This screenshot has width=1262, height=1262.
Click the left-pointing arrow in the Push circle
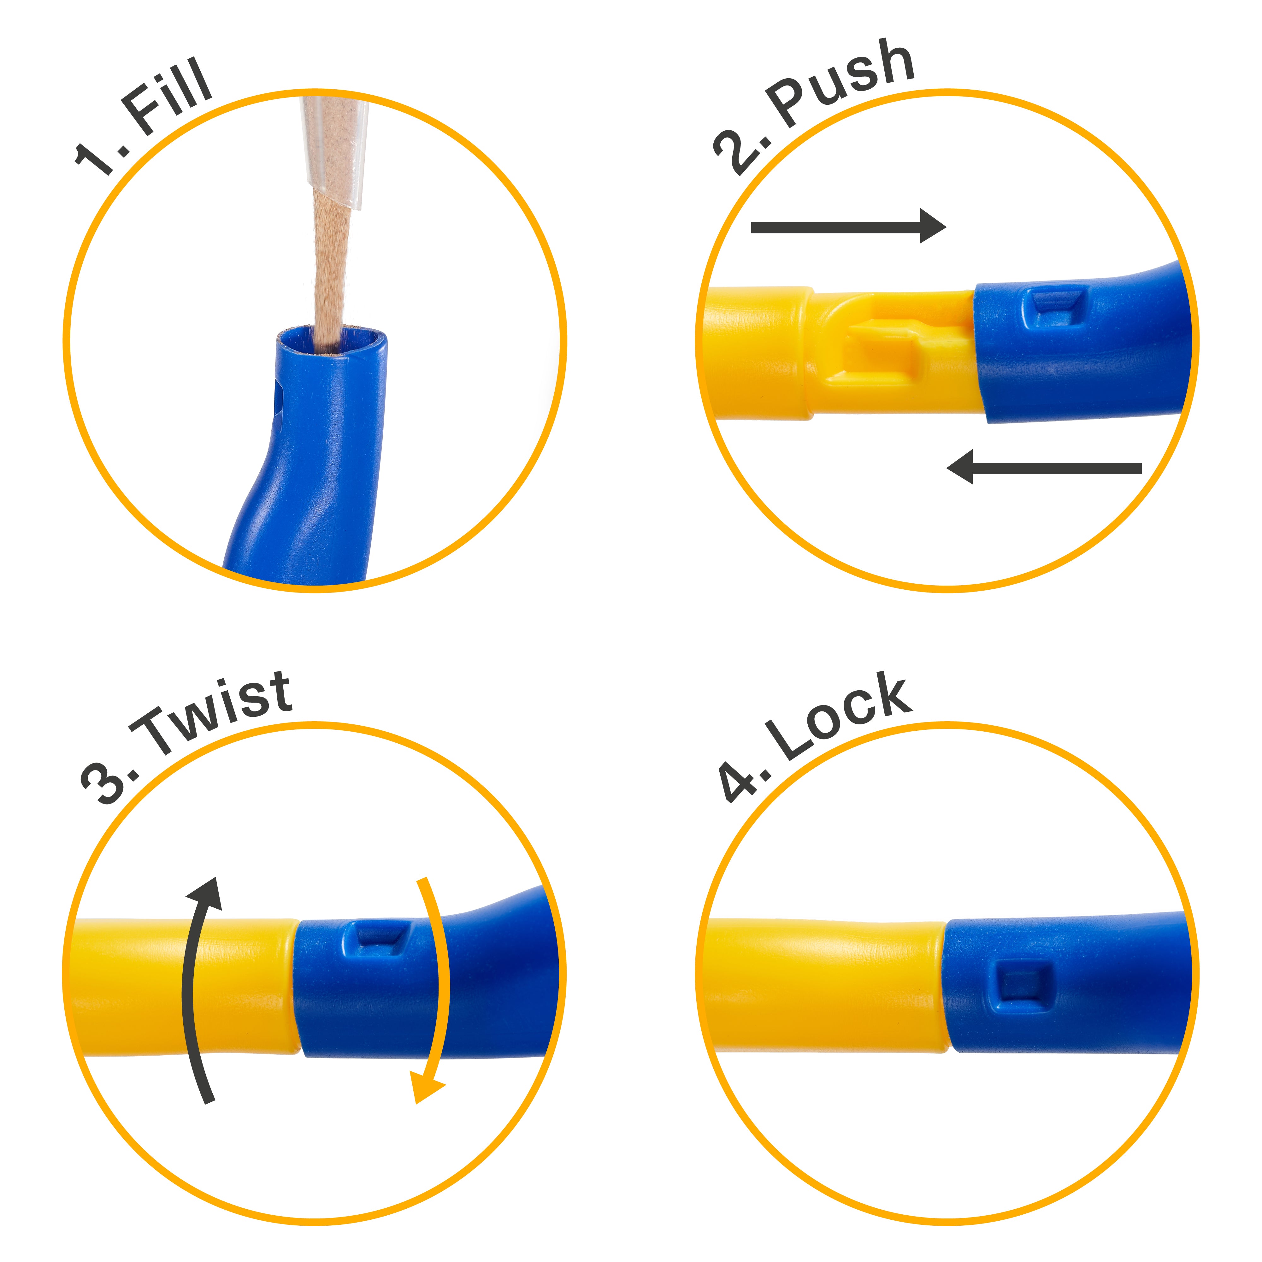click(x=1044, y=468)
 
